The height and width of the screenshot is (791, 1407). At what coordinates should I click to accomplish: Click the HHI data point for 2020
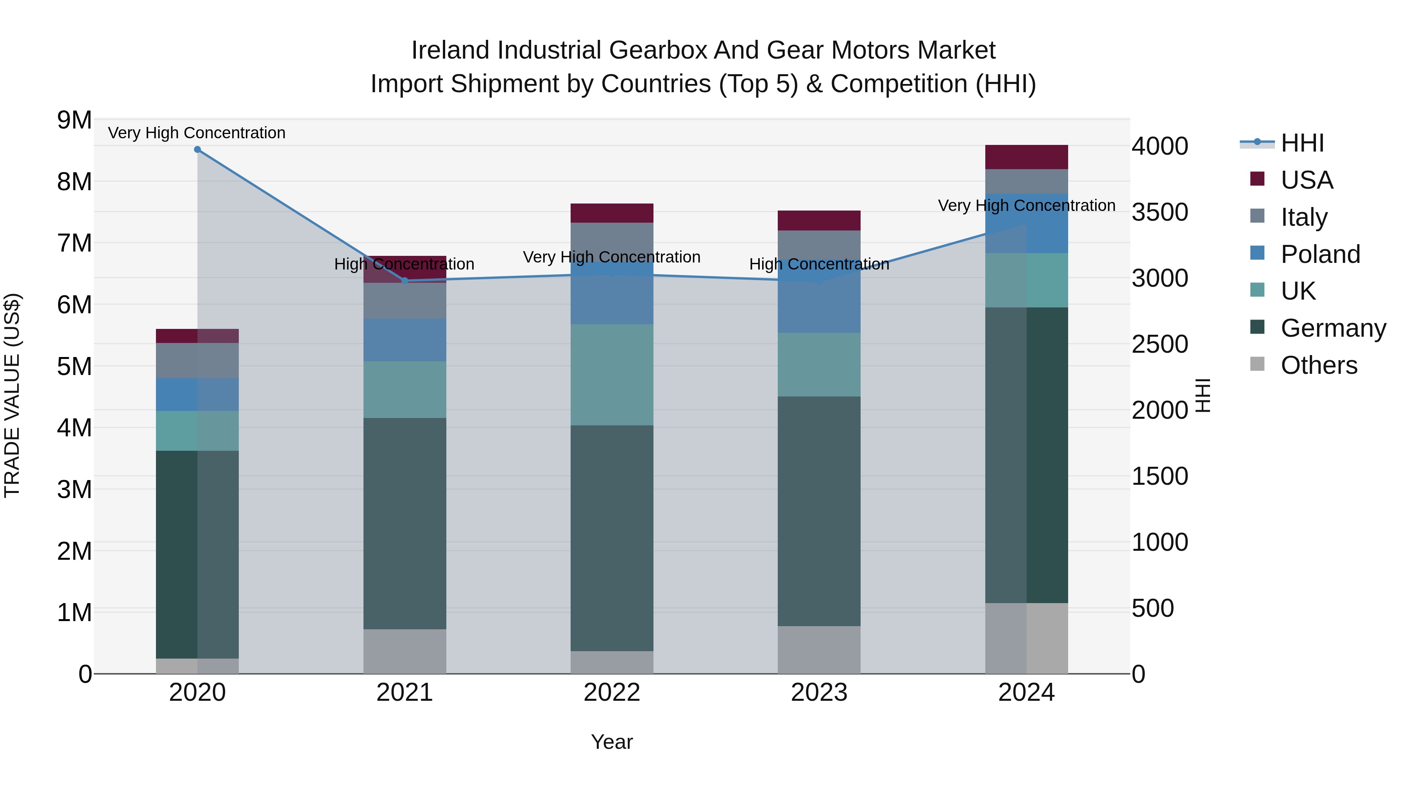197,150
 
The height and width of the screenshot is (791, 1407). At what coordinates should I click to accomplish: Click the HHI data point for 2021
405,280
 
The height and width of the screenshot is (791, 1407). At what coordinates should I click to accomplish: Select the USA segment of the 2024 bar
1026,157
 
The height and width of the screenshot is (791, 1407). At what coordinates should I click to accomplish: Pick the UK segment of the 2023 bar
819,365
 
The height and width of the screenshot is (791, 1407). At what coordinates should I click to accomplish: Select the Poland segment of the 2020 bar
197,395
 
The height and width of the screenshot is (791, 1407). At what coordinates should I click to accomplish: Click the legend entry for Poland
1319,254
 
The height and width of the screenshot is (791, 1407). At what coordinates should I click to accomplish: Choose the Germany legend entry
1333,328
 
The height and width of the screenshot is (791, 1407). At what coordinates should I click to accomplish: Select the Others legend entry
1319,365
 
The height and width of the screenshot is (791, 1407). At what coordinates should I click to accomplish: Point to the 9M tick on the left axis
74,120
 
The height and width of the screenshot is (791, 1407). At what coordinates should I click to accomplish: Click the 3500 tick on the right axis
1159,212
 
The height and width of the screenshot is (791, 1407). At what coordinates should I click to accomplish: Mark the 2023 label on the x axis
819,693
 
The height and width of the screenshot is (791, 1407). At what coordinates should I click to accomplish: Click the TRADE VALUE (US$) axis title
12,396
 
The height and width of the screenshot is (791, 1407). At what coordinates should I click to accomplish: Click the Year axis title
612,742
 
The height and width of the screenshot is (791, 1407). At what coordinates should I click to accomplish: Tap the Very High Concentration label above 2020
197,133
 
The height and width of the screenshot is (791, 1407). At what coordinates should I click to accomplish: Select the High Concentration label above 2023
819,264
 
